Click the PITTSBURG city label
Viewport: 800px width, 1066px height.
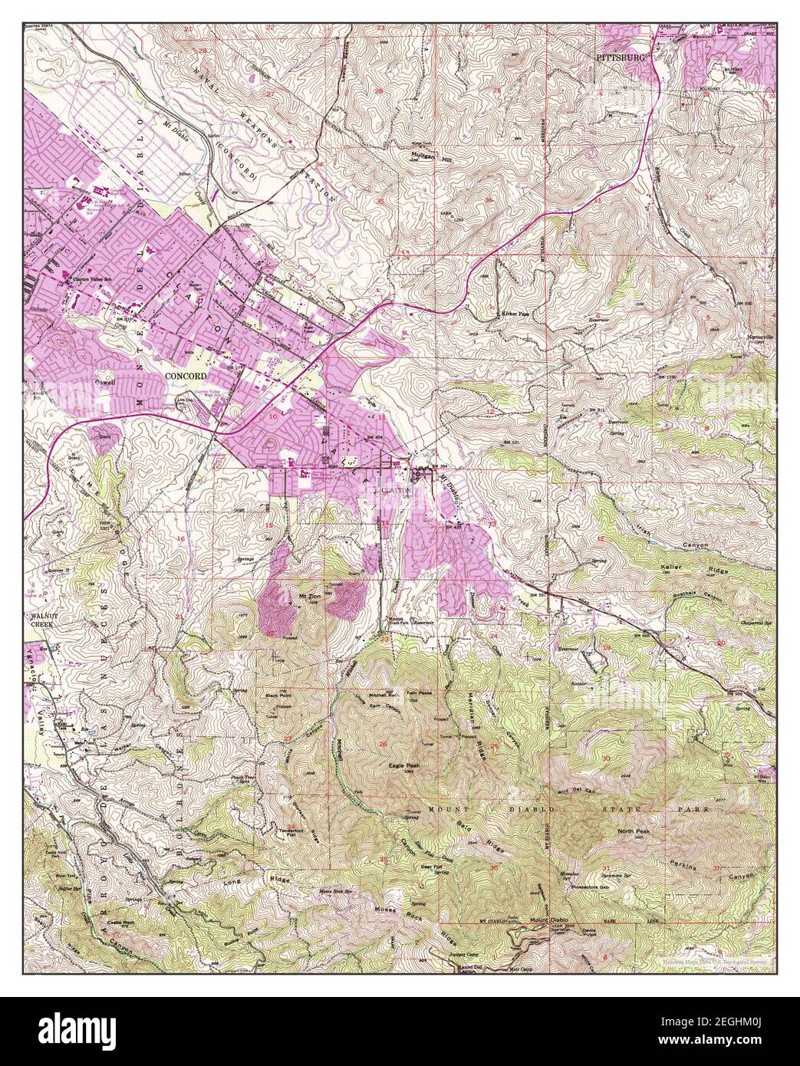[x=622, y=58]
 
